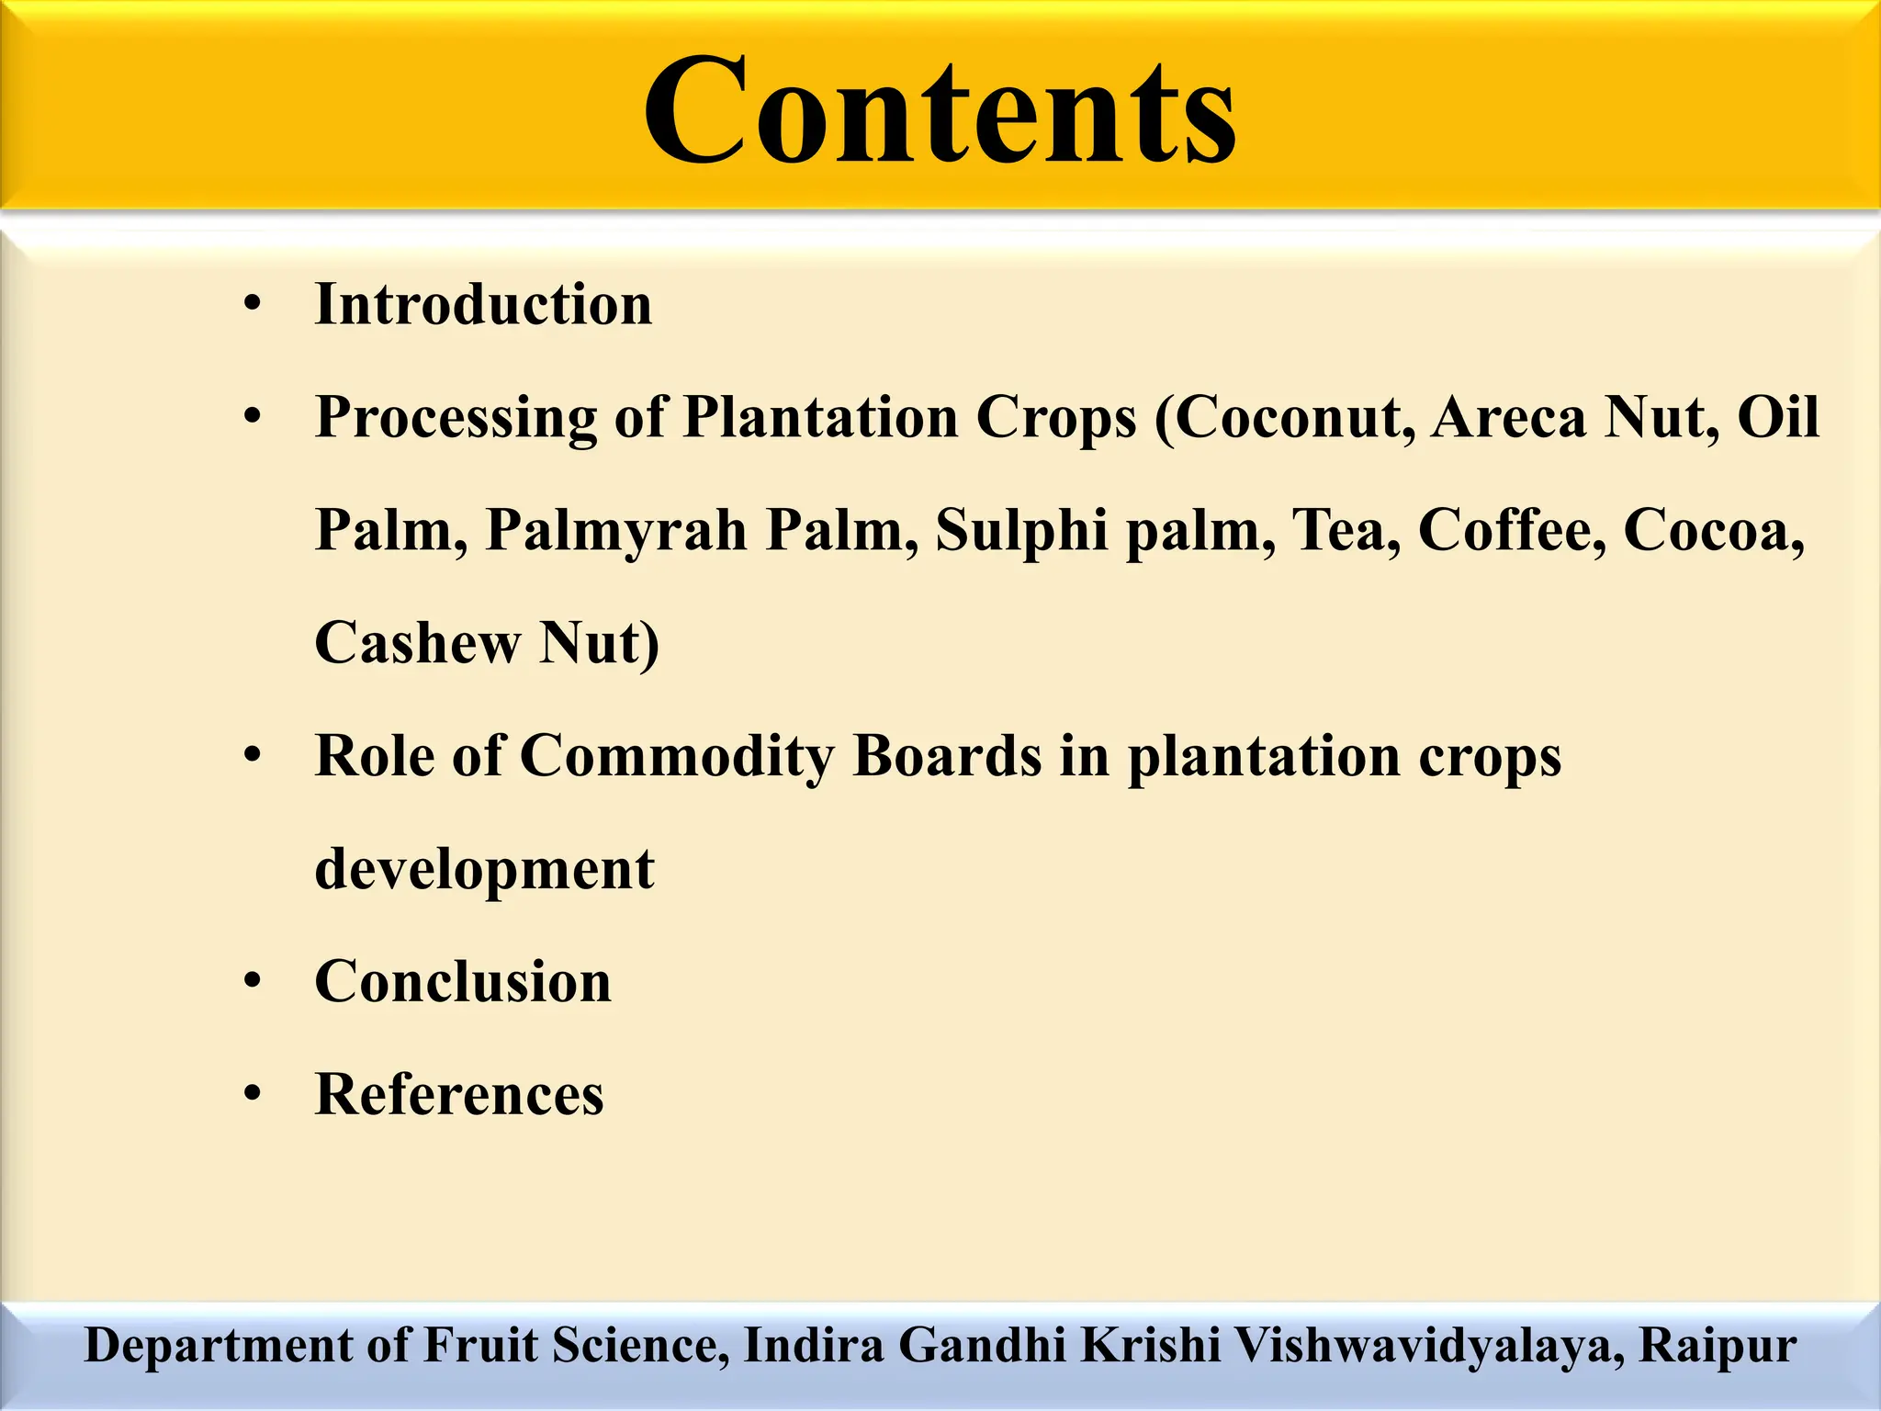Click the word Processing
[x=456, y=418]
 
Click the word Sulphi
[x=1021, y=531]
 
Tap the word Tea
[x=1346, y=531]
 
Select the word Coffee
[x=1512, y=531]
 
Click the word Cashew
[x=418, y=643]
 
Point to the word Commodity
[x=678, y=756]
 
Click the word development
[x=485, y=869]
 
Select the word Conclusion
[x=463, y=982]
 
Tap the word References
[x=459, y=1094]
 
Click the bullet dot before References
[x=253, y=1094]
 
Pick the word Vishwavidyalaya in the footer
[x=1428, y=1346]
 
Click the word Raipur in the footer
[x=1718, y=1346]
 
